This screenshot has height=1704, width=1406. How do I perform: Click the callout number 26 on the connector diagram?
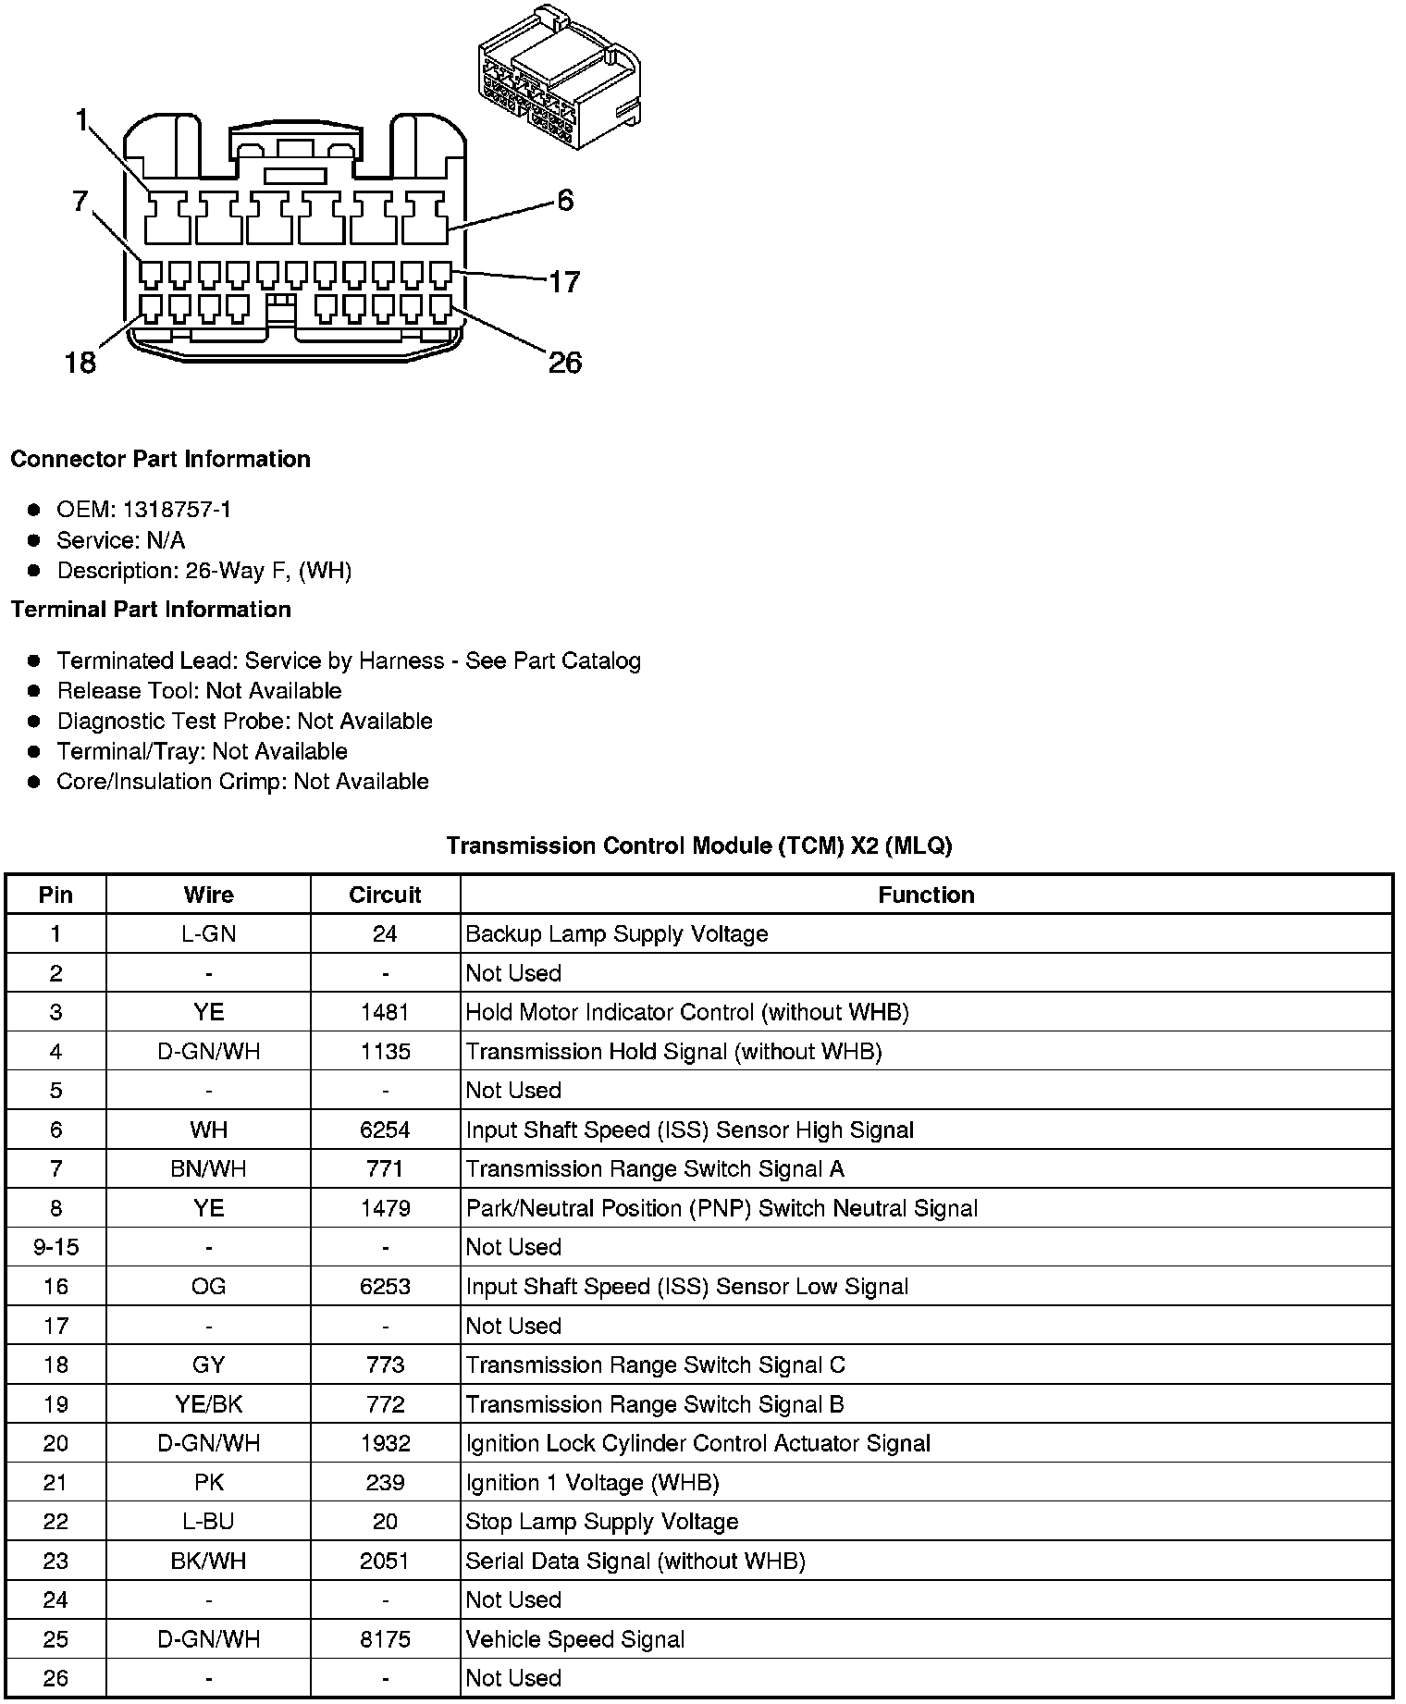[x=564, y=362]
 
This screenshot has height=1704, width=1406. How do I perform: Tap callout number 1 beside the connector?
[x=82, y=121]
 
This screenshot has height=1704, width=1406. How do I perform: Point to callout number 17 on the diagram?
[x=563, y=281]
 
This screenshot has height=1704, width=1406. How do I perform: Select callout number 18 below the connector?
[x=80, y=362]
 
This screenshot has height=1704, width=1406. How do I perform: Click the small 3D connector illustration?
[x=559, y=79]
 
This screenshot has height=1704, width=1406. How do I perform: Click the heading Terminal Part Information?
[x=151, y=610]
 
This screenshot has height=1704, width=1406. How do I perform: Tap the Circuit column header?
[x=385, y=895]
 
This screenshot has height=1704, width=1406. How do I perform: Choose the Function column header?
[x=926, y=895]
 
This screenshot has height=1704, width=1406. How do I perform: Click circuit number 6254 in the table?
[x=385, y=1130]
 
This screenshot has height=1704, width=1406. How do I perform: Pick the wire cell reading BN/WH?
[x=208, y=1169]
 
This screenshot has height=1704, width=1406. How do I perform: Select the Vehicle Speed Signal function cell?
[x=574, y=1639]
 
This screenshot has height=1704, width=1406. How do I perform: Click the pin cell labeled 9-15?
[x=55, y=1247]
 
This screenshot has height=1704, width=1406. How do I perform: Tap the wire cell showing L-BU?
[x=208, y=1522]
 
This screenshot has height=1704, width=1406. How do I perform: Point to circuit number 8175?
[x=385, y=1639]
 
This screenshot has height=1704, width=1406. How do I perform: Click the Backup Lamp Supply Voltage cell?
[x=616, y=934]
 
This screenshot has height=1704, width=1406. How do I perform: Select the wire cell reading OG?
[x=208, y=1287]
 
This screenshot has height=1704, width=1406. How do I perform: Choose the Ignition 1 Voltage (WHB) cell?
[x=592, y=1483]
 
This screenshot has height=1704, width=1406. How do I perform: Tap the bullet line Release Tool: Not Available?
[x=199, y=691]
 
